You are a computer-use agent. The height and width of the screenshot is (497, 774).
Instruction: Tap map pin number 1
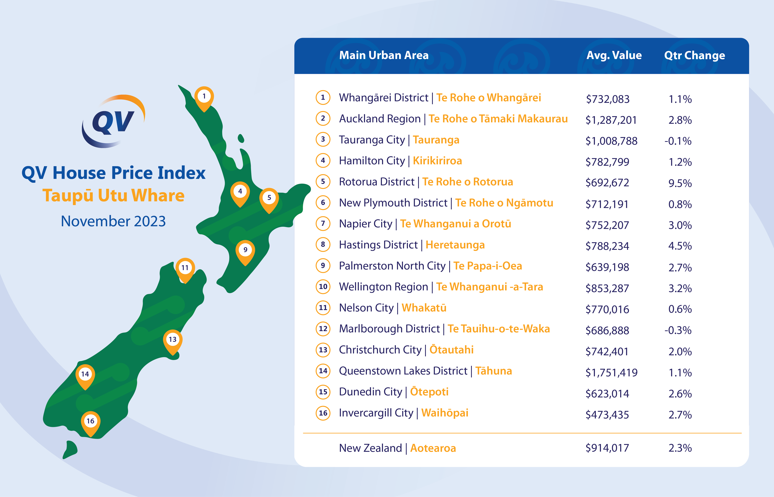204,98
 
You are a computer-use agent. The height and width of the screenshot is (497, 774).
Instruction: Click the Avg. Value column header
614,55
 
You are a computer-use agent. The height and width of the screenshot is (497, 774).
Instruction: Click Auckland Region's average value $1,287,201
611,120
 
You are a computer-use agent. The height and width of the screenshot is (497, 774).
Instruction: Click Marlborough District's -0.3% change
678,330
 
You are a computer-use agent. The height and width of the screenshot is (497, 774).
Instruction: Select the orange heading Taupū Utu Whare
113,196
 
